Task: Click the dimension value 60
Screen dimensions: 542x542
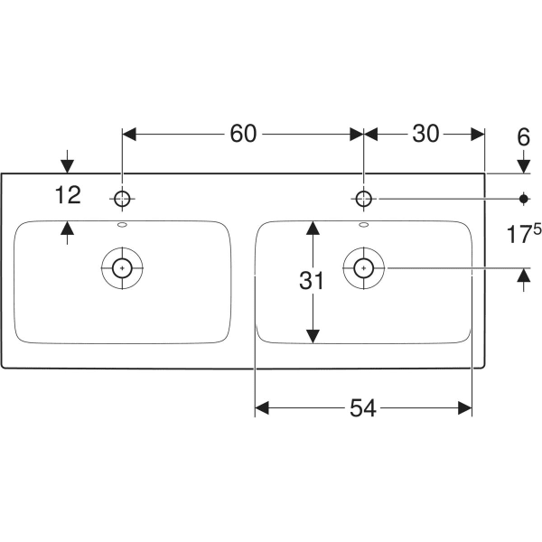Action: click(243, 134)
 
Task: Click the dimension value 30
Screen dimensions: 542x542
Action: click(425, 134)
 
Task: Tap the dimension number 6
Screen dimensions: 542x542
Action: click(523, 137)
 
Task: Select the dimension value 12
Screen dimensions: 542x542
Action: click(68, 194)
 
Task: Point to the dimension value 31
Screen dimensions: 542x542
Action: click(312, 280)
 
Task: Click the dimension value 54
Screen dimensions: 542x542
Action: click(363, 408)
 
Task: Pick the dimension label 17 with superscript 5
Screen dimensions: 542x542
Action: click(524, 233)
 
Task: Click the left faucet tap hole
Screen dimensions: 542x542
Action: click(122, 199)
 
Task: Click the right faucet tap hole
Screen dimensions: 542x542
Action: click(363, 199)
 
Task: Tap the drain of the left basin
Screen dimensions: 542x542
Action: click(122, 268)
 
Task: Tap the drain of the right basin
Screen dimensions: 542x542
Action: click(364, 268)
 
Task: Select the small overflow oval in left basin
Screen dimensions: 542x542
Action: click(122, 225)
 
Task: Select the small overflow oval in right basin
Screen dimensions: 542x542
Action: click(364, 225)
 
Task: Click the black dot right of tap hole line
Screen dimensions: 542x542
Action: click(524, 199)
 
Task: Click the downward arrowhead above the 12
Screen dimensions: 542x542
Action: click(68, 166)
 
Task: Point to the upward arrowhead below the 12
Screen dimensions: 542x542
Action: click(68, 228)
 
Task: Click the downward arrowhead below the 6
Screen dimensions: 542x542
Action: click(524, 166)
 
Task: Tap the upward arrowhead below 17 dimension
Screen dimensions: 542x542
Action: click(524, 275)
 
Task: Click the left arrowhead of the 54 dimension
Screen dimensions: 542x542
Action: click(262, 408)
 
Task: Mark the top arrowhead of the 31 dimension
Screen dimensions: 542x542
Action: click(313, 228)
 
